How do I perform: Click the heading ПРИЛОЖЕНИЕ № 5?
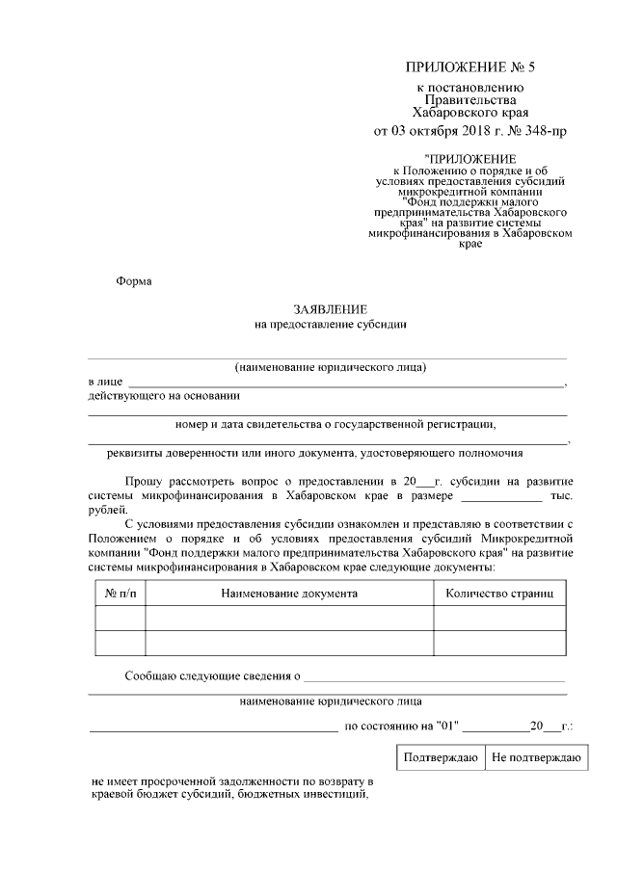pos(469,67)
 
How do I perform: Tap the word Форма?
pos(134,282)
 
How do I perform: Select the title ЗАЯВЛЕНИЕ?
pos(331,309)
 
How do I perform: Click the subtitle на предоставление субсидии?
pos(331,326)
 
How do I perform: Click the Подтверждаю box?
pos(442,757)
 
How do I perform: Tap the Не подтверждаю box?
pos(534,757)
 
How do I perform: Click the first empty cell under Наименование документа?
pos(289,618)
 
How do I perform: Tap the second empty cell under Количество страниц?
pos(498,643)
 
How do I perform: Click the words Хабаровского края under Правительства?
pos(469,111)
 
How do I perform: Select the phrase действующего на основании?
pos(164,396)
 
